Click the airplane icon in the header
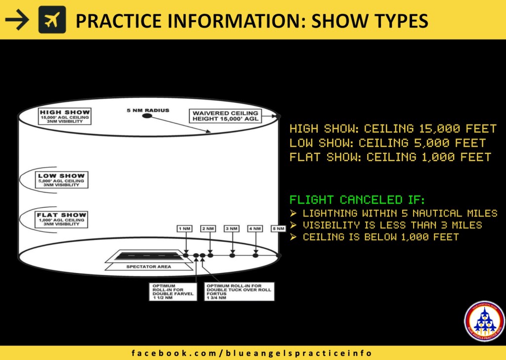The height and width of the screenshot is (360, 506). click(52, 20)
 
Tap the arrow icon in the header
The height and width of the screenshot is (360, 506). click(17, 20)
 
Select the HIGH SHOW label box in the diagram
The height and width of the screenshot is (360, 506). click(65, 117)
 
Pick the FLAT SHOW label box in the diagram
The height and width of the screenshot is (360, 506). click(62, 219)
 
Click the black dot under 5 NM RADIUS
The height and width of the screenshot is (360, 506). click(147, 116)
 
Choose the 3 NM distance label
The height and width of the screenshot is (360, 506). click(232, 228)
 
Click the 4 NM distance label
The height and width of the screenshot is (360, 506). click(255, 228)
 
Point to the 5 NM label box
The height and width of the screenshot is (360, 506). click(278, 228)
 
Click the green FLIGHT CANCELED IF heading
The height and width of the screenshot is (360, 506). click(357, 200)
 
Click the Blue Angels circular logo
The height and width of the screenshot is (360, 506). click(484, 320)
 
